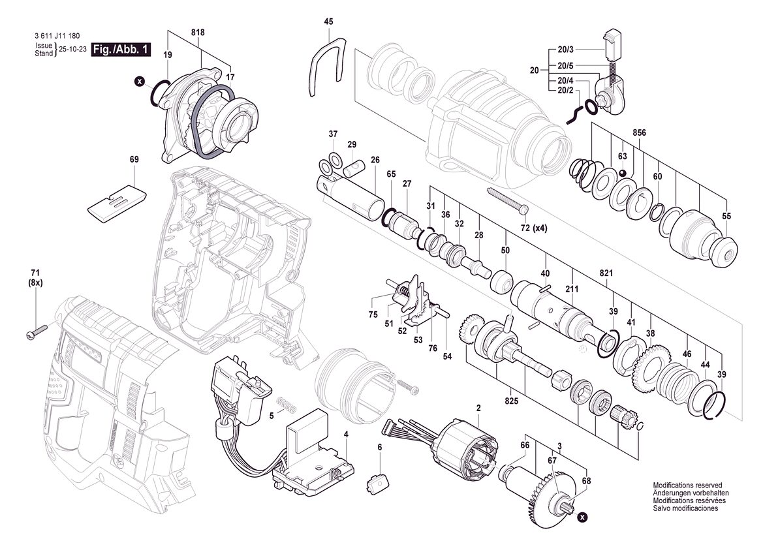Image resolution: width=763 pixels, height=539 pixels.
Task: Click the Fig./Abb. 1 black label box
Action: click(x=121, y=50)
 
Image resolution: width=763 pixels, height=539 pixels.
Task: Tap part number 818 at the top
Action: click(x=198, y=33)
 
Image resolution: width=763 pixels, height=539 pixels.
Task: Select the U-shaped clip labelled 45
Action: click(x=324, y=65)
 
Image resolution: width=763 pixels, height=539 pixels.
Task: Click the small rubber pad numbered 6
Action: click(x=377, y=485)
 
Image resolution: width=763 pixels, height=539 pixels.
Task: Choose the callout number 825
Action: click(x=512, y=401)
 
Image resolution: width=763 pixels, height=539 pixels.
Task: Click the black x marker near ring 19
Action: click(x=140, y=82)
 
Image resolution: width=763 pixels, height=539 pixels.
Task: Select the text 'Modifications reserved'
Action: click(x=687, y=485)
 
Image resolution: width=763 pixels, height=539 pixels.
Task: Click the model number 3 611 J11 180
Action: click(x=57, y=36)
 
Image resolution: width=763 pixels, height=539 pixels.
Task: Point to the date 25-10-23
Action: click(x=73, y=49)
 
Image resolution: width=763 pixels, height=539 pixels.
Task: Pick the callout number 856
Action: click(x=639, y=132)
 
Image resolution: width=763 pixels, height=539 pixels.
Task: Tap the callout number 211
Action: click(x=572, y=290)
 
